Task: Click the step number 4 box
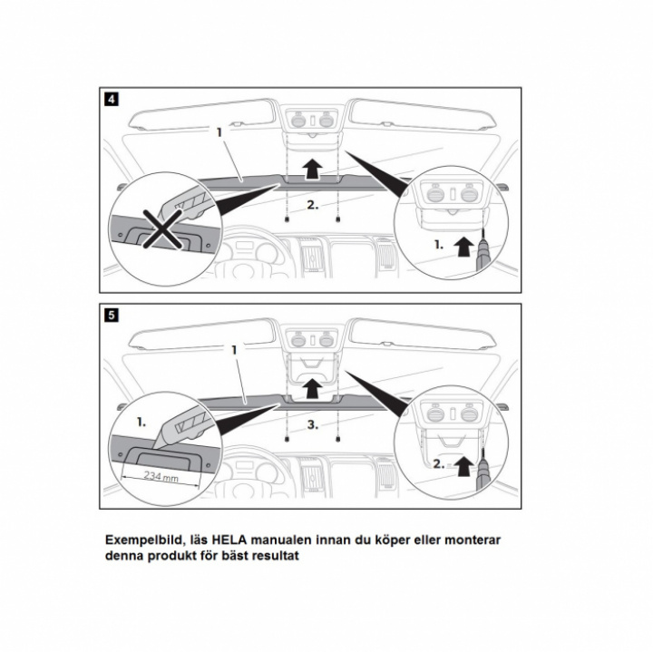click(x=110, y=99)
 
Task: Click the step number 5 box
click(x=110, y=316)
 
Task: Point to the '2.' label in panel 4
click(x=313, y=207)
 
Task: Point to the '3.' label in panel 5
click(x=313, y=423)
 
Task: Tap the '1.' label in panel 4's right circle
click(x=439, y=245)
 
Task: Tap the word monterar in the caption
click(x=468, y=540)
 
